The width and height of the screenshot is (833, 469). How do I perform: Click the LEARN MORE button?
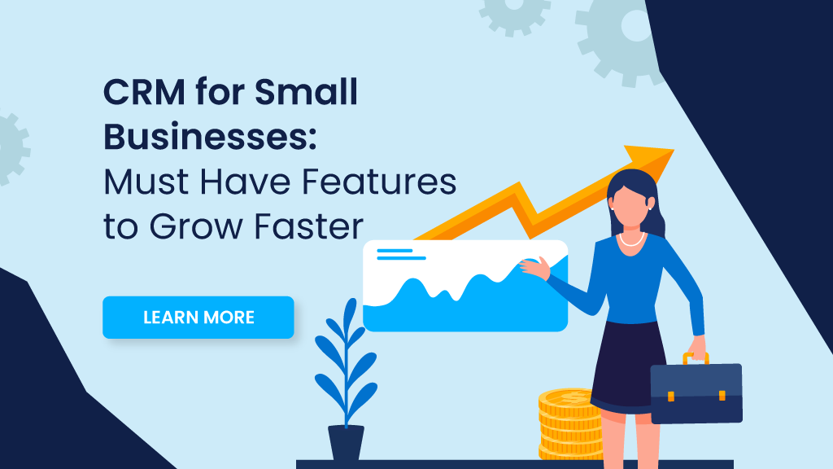198,317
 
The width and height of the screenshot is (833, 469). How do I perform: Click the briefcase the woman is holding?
696,392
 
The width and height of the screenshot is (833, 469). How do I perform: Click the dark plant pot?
346,444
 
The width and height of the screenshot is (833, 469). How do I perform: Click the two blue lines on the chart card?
400,255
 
